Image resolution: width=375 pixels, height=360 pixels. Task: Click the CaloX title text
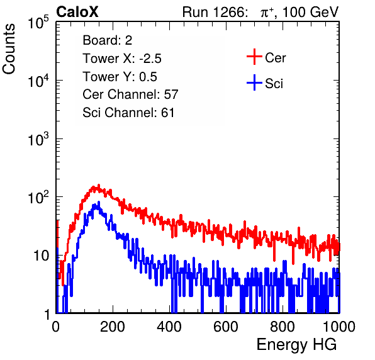coord(77,12)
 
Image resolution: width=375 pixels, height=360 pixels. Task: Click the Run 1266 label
coord(214,12)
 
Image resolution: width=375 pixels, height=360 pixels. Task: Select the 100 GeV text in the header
coord(310,12)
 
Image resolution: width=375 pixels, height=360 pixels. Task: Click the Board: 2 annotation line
coord(108,40)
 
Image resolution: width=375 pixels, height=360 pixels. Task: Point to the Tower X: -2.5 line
coord(122,59)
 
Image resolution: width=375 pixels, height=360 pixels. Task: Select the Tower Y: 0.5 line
coord(120,77)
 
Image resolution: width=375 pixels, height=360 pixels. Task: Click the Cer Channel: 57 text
coord(130,94)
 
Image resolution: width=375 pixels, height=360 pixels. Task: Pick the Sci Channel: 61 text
coord(128,113)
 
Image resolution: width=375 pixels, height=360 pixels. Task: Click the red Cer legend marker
coord(254,57)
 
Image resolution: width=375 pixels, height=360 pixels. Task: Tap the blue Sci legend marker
coord(254,82)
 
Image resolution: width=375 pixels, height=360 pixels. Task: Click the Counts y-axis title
coord(9,49)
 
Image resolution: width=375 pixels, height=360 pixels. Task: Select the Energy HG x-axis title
coord(296,344)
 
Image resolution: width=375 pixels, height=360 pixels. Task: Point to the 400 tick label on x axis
coord(169,327)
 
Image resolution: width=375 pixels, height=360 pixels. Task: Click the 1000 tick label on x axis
coord(339,327)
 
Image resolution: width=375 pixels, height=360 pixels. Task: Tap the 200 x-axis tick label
coord(113,327)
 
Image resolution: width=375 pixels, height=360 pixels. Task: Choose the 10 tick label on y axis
coord(41,256)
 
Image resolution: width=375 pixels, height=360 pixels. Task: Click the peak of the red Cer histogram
coord(99,185)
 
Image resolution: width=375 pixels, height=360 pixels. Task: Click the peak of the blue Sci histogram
coord(99,203)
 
